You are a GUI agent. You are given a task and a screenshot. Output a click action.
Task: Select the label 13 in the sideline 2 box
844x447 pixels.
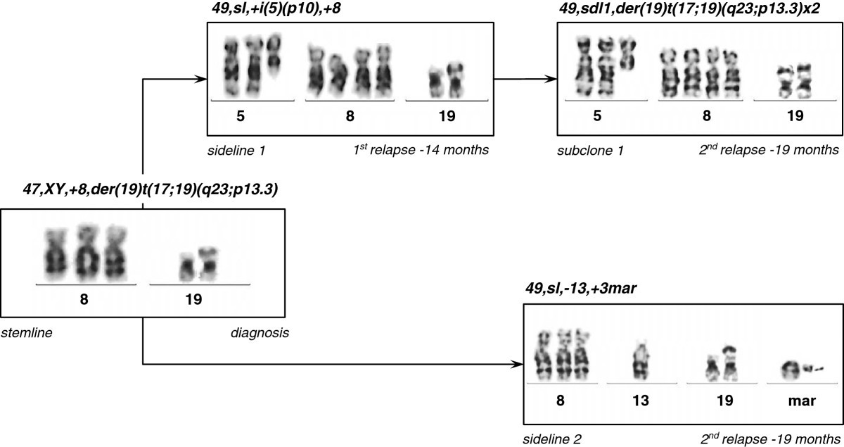640,401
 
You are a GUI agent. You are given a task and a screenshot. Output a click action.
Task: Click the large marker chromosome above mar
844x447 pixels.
789,367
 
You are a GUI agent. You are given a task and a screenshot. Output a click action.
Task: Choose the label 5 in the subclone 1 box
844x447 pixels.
597,116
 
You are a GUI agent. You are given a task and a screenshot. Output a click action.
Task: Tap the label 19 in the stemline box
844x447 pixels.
193,299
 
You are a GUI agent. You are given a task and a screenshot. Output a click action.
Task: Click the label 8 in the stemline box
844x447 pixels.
84,299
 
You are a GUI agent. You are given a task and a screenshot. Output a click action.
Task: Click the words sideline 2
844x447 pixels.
554,440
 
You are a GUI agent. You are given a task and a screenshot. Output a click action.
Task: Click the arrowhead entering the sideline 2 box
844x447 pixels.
518,364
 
